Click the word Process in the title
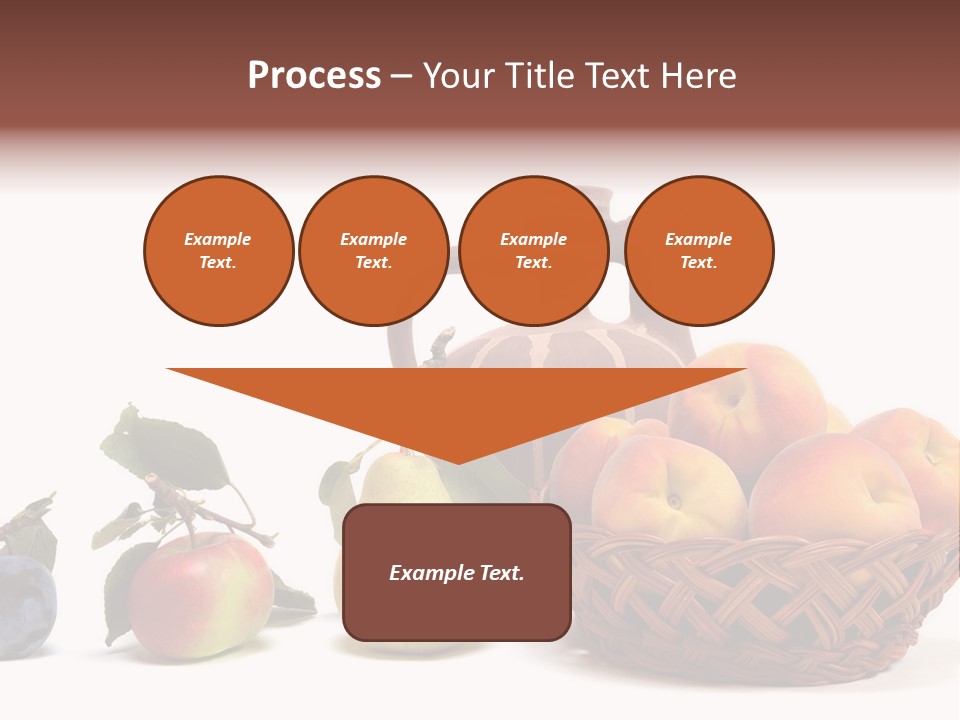pyautogui.click(x=314, y=76)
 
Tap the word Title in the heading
pyautogui.click(x=540, y=76)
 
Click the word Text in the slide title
pyautogui.click(x=616, y=76)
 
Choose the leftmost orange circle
pyautogui.click(x=218, y=251)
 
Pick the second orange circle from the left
pyautogui.click(x=373, y=251)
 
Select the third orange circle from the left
pyautogui.click(x=533, y=251)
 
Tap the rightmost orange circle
pyautogui.click(x=698, y=251)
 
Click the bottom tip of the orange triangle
pyautogui.click(x=457, y=461)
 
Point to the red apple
pyautogui.click(x=200, y=595)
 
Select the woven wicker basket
pyautogui.click(x=760, y=600)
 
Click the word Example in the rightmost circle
pyautogui.click(x=698, y=239)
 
